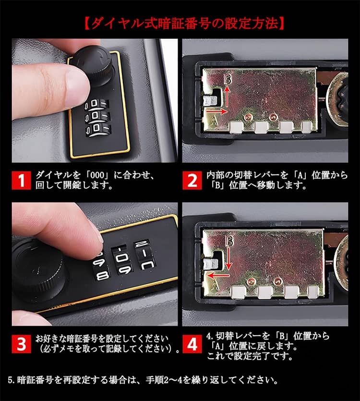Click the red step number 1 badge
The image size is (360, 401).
point(21,180)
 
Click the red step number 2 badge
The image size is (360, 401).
point(192,180)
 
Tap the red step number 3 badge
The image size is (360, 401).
point(21,343)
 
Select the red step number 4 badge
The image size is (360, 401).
point(192,343)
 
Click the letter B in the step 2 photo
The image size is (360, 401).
point(228,79)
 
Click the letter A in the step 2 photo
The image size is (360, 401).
point(214,121)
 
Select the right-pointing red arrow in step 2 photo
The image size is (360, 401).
point(216,111)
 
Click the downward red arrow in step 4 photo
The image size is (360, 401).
point(228,258)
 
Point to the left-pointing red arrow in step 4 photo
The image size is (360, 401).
point(218,276)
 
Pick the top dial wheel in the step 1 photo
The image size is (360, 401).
point(97,105)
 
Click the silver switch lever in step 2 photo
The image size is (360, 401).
point(209,100)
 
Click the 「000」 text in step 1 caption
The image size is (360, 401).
point(95,175)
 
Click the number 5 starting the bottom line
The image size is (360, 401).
point(10,380)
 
